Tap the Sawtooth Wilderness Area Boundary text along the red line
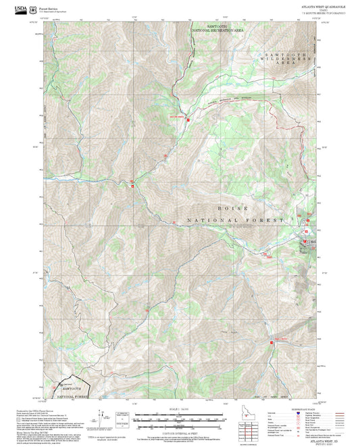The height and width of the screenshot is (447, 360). [x=230, y=99]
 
